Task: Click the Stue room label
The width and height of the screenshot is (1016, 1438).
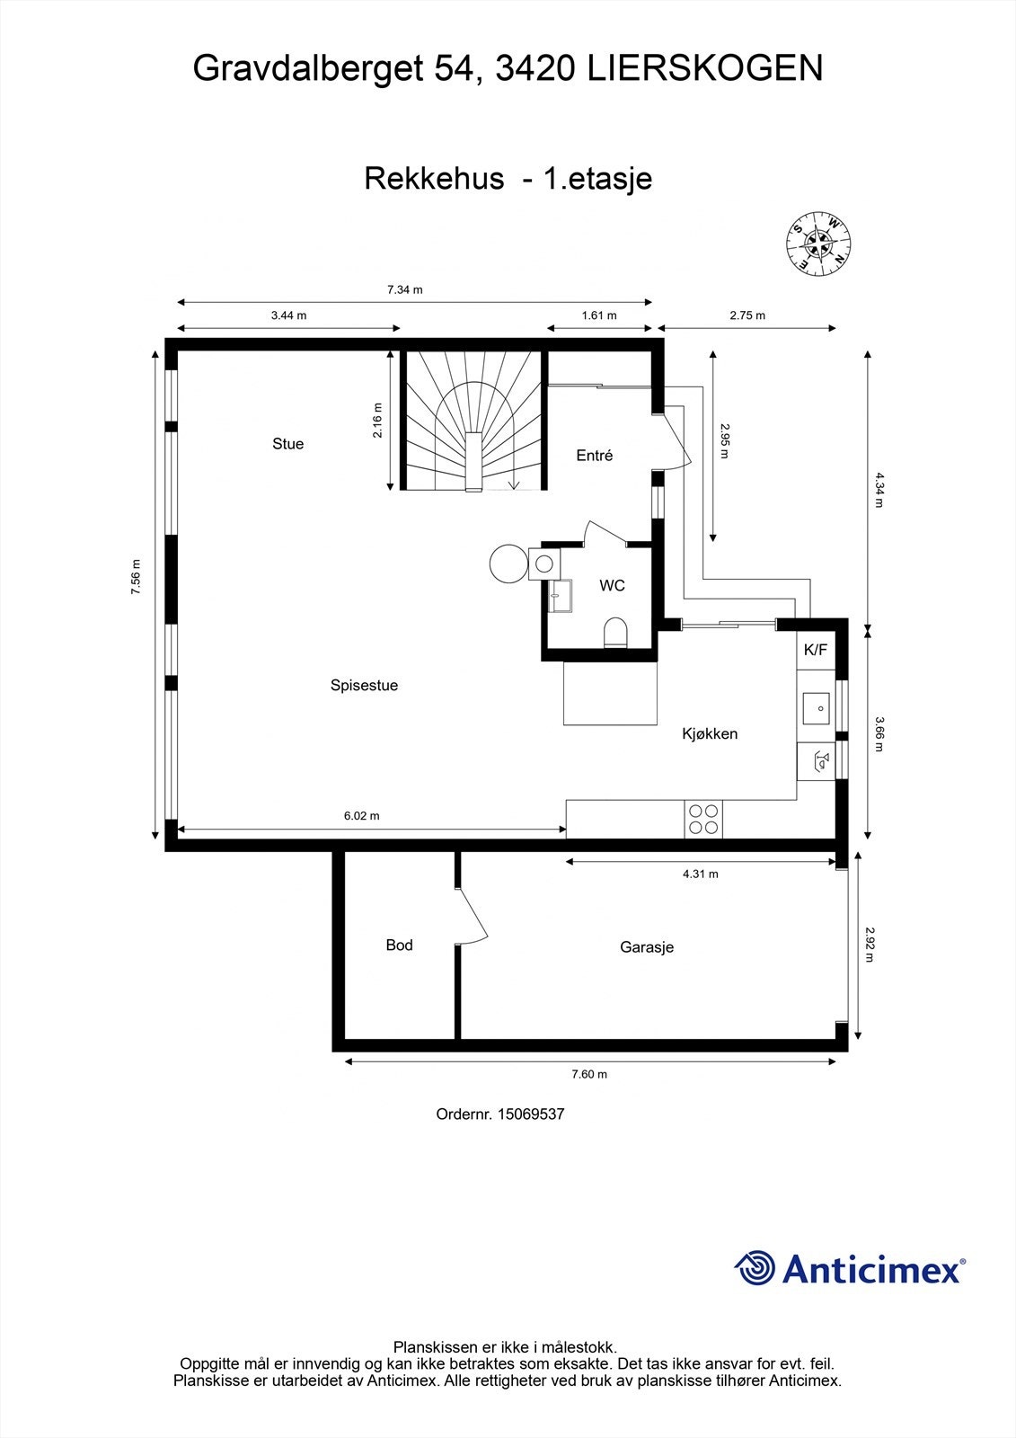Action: coord(287,443)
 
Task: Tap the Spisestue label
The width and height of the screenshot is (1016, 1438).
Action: coord(364,685)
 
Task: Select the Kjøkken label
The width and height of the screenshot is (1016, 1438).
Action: coord(710,733)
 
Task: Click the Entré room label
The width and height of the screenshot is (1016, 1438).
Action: coord(594,456)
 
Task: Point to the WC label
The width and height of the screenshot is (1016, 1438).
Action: coord(612,585)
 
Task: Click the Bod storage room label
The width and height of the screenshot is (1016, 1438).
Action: coord(399,945)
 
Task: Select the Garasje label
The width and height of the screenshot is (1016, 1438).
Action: coord(646,946)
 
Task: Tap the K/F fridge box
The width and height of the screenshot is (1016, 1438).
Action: coord(816,650)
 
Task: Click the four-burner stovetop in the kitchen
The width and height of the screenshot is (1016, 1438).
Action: coord(703,819)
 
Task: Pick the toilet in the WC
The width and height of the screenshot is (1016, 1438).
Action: coord(615,633)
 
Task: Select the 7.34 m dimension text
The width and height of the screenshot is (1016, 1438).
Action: coord(404,289)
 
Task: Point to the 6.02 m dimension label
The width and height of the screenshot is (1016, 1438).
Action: coord(361,816)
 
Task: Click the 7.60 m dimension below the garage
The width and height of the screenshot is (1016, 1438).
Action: coord(589,1074)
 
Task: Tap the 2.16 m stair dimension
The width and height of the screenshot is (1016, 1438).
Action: coord(378,420)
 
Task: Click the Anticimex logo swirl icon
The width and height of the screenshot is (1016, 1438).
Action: coord(755,1268)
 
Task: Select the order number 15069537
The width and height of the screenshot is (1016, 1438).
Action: coord(532,1114)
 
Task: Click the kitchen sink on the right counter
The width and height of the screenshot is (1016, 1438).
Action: coord(816,707)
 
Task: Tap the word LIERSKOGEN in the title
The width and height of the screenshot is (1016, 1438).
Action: coord(705,68)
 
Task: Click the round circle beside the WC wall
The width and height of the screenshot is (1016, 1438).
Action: coord(508,564)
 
